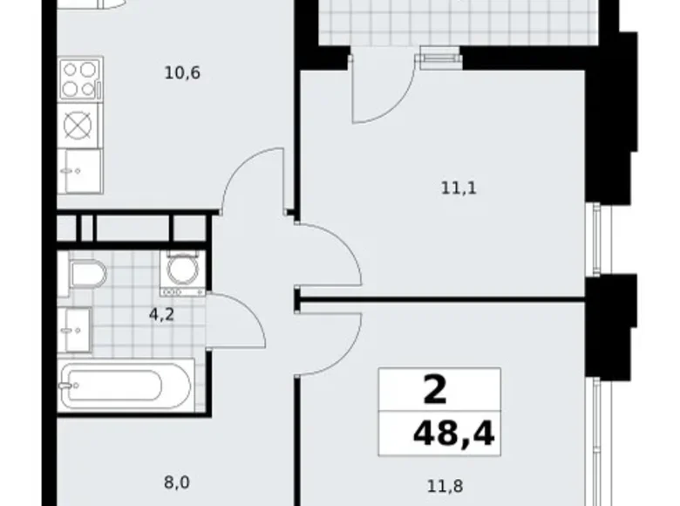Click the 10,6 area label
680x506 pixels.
point(182,72)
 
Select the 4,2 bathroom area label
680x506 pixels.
point(163,315)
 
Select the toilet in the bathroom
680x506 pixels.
point(87,274)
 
